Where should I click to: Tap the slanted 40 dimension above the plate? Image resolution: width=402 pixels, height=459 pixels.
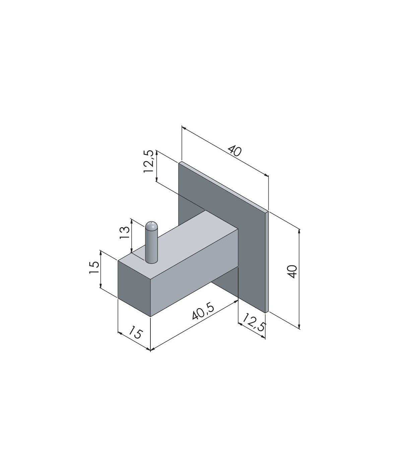(235, 151)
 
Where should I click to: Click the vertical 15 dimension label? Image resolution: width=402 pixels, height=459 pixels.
(94, 267)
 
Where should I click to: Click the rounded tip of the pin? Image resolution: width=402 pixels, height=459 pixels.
(151, 226)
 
